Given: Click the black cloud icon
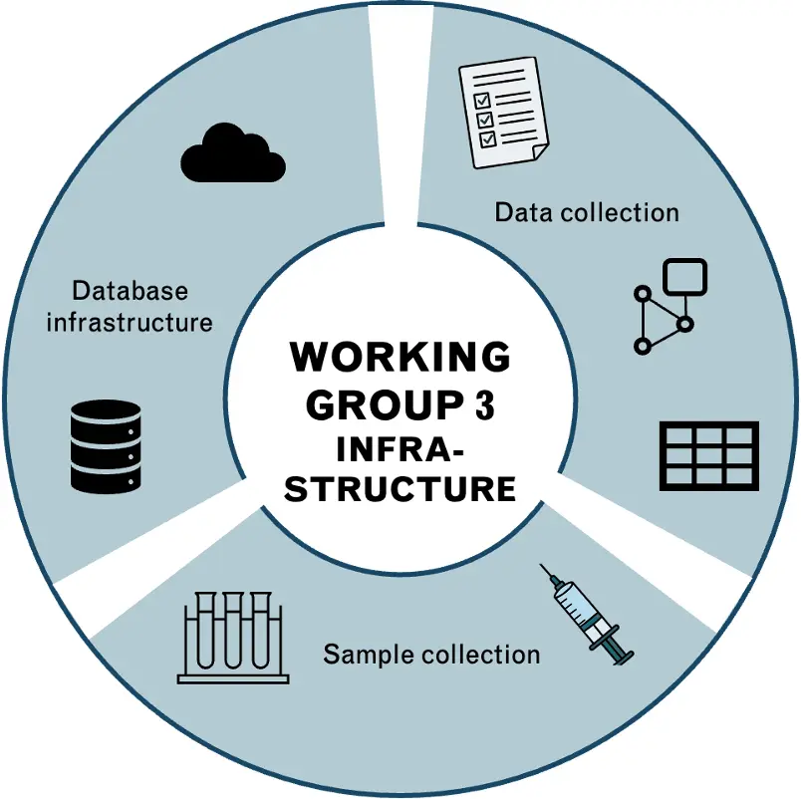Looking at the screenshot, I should [233, 153].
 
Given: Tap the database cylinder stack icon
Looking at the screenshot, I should [106, 445].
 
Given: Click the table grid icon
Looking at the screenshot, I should [708, 455].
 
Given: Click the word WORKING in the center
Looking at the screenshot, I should [400, 357].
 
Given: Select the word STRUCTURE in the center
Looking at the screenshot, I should [400, 489].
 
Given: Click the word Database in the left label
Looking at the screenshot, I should [130, 291].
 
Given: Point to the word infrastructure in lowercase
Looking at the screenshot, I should [130, 322].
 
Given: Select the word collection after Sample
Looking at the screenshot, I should [481, 655].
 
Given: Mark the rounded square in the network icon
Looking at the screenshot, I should [685, 278].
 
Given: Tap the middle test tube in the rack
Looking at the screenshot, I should [233, 630].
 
